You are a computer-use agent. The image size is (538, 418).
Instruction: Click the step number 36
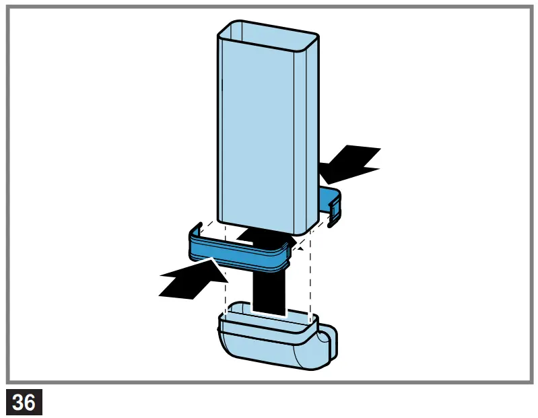pyautogui.click(x=24, y=402)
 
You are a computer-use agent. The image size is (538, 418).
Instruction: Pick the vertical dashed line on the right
pyautogui.click(x=309, y=283)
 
